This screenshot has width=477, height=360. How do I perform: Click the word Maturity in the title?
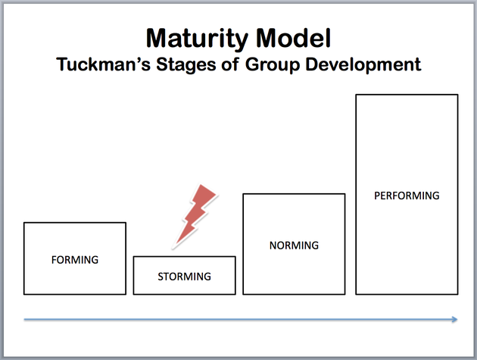point(197,39)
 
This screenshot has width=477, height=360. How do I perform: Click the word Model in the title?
point(293,38)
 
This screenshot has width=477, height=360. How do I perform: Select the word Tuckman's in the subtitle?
point(104,64)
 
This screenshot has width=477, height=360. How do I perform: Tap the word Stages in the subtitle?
point(186,65)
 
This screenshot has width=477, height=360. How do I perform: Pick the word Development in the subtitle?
point(363,65)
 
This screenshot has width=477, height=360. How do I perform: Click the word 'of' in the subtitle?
point(231,64)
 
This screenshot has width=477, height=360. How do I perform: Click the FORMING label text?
point(75,260)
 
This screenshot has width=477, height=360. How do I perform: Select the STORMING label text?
point(184,277)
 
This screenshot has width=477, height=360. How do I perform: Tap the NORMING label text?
point(294,246)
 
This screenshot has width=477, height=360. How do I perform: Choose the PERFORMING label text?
point(407,196)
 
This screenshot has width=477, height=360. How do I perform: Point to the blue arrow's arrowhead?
point(454,319)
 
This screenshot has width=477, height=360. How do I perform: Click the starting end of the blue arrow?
point(24,319)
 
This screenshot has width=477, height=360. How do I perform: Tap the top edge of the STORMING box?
point(184,257)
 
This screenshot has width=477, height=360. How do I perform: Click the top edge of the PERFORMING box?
point(407,95)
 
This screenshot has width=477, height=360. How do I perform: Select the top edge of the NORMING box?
point(294,194)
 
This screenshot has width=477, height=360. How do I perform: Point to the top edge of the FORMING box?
point(75,223)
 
